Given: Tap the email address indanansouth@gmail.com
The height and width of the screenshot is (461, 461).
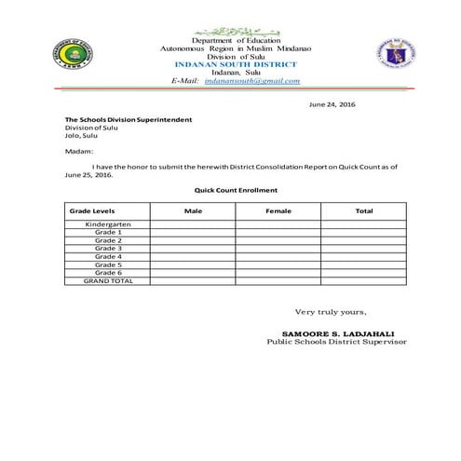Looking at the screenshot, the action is pos(253,81).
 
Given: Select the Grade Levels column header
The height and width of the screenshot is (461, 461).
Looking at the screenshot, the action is pos(94,211).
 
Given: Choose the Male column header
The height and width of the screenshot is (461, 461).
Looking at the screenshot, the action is pos(193,211).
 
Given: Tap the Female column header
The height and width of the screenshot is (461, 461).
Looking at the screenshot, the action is pos(278,211).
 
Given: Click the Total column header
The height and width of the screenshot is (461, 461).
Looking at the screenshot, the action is pos(364,211).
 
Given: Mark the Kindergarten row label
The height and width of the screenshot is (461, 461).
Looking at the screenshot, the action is pos(108,224).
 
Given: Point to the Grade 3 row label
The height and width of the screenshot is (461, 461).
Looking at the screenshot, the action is pos(108,249).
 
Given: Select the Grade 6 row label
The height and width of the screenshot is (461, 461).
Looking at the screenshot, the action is pos(108,272).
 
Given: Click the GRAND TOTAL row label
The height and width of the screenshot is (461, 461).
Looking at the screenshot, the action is pos(108,280).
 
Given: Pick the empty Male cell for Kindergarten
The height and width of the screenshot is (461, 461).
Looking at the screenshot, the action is pos(193,224).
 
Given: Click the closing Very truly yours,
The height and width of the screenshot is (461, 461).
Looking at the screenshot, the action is pos(324,312).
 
